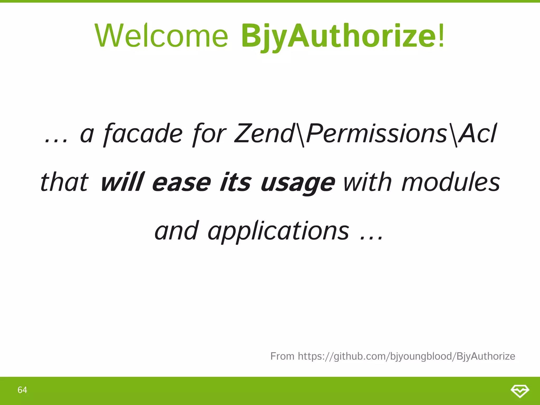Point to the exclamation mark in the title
(x=441, y=36)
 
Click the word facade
(x=143, y=134)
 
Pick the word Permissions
(x=377, y=133)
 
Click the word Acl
(x=478, y=133)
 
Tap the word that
(x=64, y=182)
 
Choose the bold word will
(x=122, y=182)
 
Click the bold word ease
(x=181, y=183)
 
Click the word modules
(x=451, y=182)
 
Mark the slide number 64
(x=22, y=390)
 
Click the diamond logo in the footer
(x=520, y=391)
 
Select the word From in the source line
(x=282, y=356)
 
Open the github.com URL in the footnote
(x=406, y=356)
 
